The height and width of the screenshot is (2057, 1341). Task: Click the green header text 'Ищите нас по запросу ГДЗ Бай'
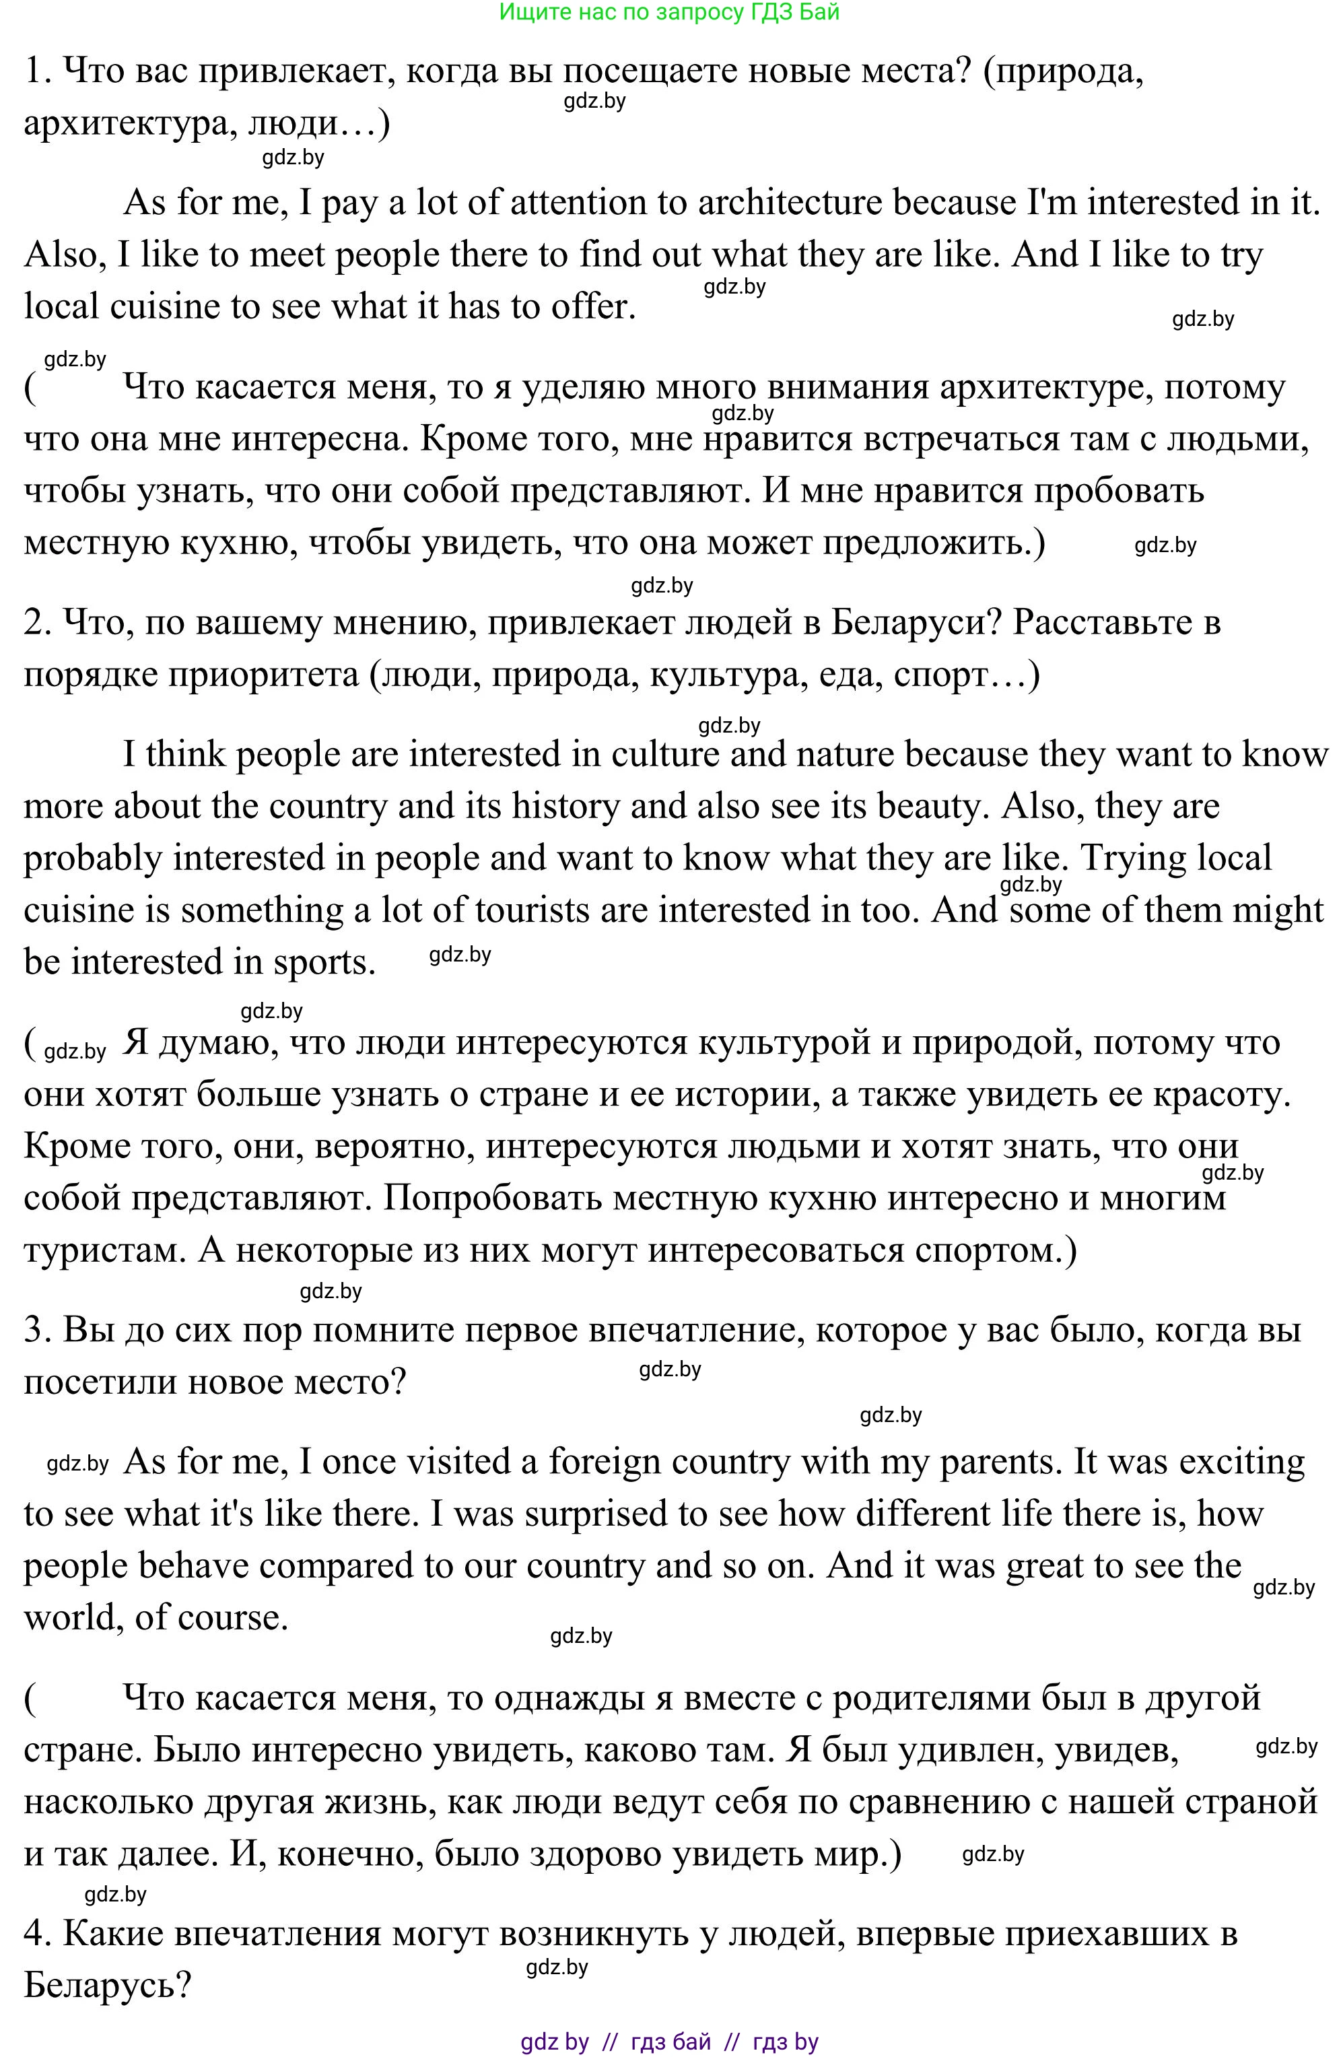(x=670, y=12)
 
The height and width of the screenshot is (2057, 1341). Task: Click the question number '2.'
(x=39, y=622)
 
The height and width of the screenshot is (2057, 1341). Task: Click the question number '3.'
(x=39, y=1330)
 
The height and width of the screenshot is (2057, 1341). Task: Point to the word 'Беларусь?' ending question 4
(x=107, y=1985)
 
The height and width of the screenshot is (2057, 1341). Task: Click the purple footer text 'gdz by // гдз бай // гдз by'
(x=670, y=2042)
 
